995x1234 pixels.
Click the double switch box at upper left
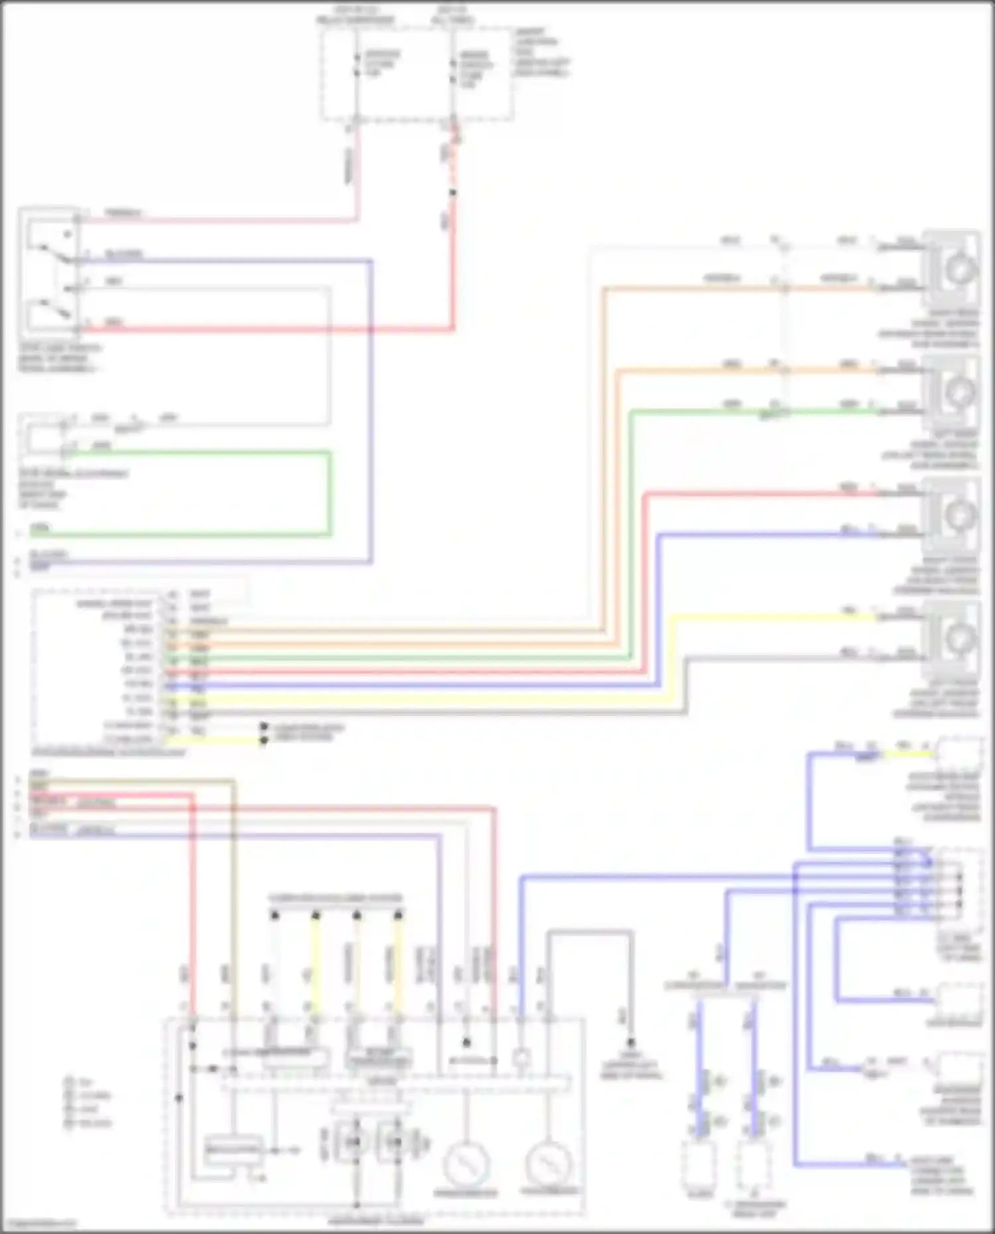tap(50, 272)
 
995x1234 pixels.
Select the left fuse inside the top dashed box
tap(357, 64)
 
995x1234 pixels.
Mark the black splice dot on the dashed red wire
tap(453, 193)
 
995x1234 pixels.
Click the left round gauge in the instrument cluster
tap(466, 1165)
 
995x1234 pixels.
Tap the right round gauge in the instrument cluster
tap(548, 1165)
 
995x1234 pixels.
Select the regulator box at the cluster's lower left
tap(233, 1148)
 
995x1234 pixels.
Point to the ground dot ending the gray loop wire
tap(631, 1043)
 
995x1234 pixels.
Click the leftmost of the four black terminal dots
tap(275, 916)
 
